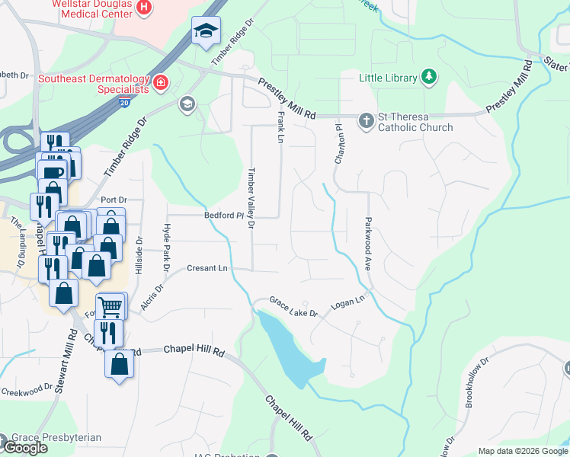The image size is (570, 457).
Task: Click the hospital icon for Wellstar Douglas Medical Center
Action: [145, 7]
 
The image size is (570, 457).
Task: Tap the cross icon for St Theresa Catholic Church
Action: [365, 120]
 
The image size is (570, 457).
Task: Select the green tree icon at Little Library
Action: [430, 77]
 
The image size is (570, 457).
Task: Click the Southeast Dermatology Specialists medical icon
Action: [161, 82]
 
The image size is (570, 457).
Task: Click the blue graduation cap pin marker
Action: [205, 32]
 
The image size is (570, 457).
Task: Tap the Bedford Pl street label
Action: [223, 216]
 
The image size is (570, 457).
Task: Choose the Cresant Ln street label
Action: [207, 269]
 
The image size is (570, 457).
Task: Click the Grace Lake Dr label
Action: [293, 307]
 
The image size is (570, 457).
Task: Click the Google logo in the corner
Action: [24, 448]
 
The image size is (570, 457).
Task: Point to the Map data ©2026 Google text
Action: [522, 451]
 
